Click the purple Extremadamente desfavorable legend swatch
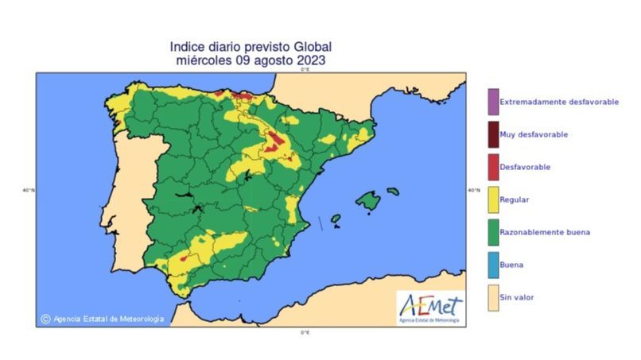[x=493, y=102]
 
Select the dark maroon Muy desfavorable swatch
[x=493, y=134]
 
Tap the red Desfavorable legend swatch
[x=493, y=167]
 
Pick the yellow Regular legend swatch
[x=493, y=199]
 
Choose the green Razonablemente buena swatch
[x=493, y=232]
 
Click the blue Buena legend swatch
[x=493, y=265]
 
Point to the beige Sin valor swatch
[x=493, y=297]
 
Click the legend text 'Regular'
[x=514, y=199]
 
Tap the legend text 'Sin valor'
[x=516, y=297]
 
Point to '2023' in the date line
[x=310, y=60]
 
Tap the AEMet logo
[x=430, y=307]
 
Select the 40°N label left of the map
[x=29, y=190]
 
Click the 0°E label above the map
[x=305, y=69]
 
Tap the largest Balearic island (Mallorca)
[x=367, y=201]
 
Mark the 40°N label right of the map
[x=474, y=190]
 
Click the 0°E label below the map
[x=305, y=332]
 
